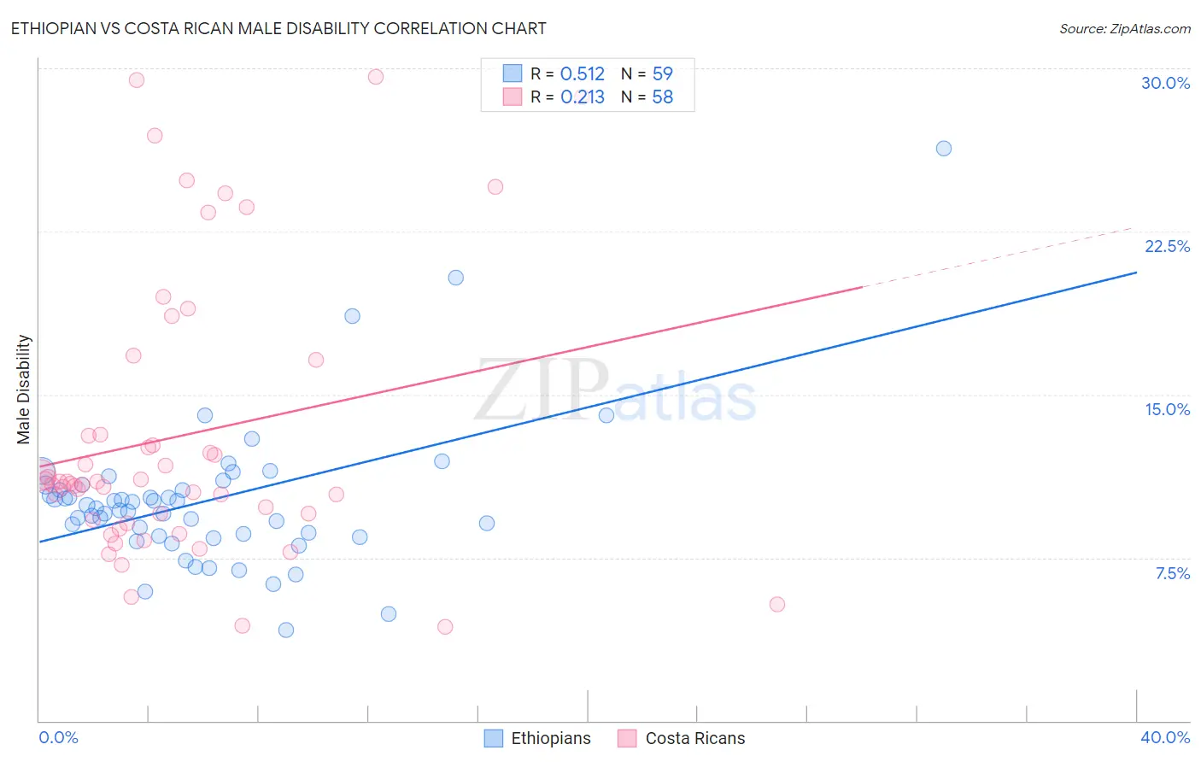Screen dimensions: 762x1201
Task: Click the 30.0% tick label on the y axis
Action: [1165, 83]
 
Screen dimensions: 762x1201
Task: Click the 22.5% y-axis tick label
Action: [1167, 246]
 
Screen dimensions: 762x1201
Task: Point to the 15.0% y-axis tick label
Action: [1167, 409]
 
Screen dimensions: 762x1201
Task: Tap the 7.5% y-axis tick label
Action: [1172, 573]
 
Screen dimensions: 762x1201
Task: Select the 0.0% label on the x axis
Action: [58, 737]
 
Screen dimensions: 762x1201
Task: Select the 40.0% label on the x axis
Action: [1165, 737]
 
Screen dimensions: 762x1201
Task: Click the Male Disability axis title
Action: [24, 389]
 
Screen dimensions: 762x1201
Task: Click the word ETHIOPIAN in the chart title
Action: [54, 28]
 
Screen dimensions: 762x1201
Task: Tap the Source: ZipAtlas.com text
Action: [1124, 29]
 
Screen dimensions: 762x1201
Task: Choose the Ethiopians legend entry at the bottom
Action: [537, 738]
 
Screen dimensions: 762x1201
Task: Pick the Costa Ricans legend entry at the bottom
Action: [682, 738]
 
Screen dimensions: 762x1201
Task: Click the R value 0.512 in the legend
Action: [582, 74]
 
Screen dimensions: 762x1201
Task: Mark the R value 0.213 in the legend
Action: [582, 97]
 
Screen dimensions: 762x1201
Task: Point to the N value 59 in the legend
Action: [662, 74]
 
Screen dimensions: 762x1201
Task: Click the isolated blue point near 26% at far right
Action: [943, 149]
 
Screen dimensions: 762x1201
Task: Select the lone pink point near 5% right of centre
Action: [776, 604]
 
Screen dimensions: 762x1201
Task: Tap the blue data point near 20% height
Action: [455, 278]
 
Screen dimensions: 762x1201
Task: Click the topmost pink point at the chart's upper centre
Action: [375, 77]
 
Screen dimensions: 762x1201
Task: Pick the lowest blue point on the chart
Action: [286, 630]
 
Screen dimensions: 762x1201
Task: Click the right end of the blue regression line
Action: [1136, 273]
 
